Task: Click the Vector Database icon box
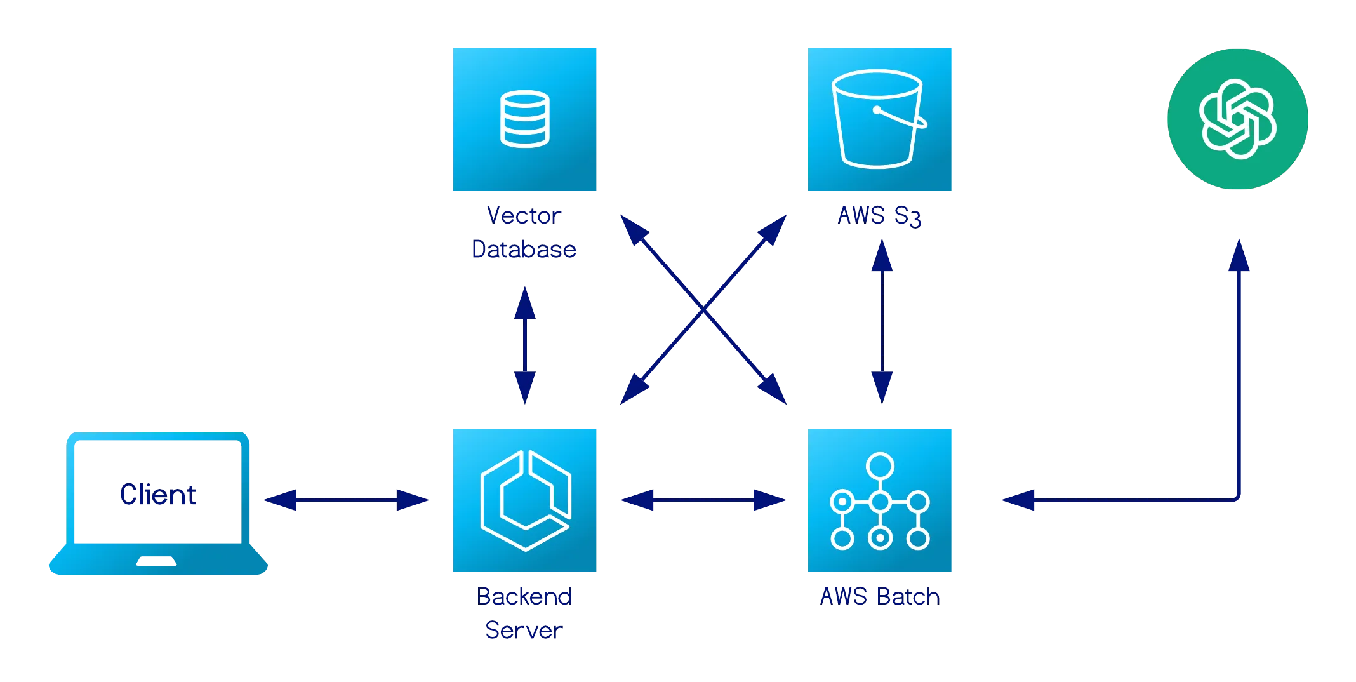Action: [x=525, y=119]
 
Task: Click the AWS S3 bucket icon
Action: [x=880, y=119]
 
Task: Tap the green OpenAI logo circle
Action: [x=1238, y=119]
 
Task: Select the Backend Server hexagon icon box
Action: [x=525, y=500]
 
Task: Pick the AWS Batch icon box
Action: [x=880, y=500]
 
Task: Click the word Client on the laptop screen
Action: [x=157, y=495]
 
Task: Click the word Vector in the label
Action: [x=524, y=216]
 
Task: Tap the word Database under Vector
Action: [x=524, y=249]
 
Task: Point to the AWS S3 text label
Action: [x=879, y=216]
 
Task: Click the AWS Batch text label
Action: [x=879, y=596]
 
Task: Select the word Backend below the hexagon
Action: [x=524, y=596]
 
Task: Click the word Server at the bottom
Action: [x=523, y=630]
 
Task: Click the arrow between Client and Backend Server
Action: [x=346, y=500]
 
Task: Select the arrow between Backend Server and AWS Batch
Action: [x=703, y=500]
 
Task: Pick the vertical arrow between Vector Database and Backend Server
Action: [x=525, y=346]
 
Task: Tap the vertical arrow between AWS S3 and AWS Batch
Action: [x=881, y=321]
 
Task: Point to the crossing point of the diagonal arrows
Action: [x=703, y=309]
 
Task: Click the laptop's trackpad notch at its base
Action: [x=157, y=561]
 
